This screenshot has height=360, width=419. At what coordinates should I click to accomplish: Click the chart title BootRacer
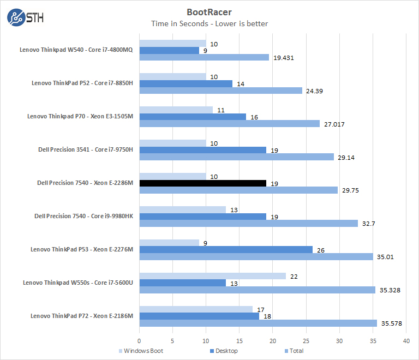click(x=209, y=11)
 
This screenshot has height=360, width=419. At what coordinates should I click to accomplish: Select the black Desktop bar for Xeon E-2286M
click(x=203, y=183)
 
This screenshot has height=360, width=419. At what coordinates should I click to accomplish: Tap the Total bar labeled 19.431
click(x=204, y=57)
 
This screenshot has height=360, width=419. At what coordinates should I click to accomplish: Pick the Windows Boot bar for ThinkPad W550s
click(x=213, y=276)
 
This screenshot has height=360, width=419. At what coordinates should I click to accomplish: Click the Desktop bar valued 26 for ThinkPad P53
click(x=226, y=250)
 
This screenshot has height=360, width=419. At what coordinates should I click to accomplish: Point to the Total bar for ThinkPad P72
click(x=258, y=323)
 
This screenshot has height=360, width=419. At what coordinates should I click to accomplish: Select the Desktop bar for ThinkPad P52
click(x=186, y=83)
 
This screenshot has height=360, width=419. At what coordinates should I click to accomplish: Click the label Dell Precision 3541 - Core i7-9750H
click(x=79, y=149)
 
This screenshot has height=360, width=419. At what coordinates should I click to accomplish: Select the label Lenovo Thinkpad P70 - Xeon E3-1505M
click(x=78, y=116)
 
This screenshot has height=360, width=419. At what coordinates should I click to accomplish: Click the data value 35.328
click(x=390, y=290)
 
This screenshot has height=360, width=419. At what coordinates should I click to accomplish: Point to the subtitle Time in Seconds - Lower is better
click(x=209, y=23)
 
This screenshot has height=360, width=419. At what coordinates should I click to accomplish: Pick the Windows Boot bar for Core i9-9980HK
click(x=183, y=209)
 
